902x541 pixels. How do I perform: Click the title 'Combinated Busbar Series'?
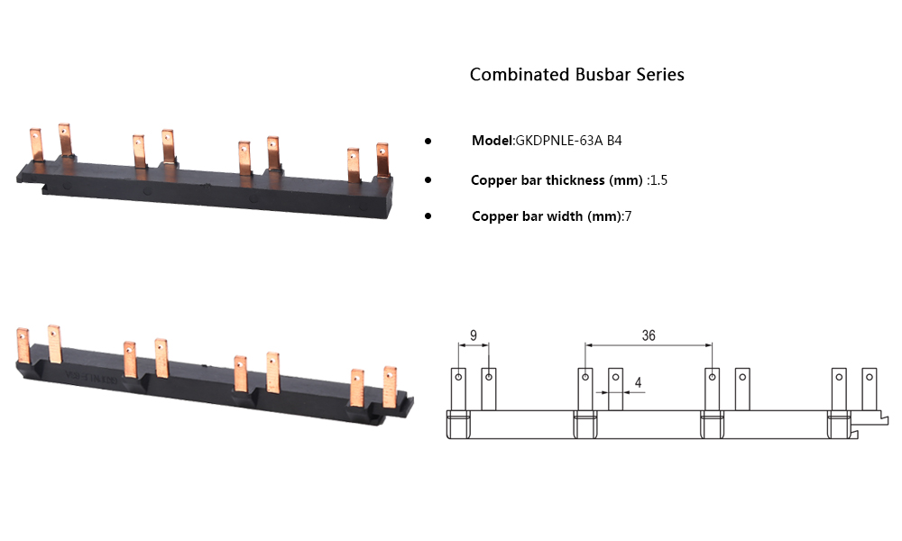576,75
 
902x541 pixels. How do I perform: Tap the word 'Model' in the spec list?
492,141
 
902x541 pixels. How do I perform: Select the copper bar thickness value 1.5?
658,180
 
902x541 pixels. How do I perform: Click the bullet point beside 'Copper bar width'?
428,216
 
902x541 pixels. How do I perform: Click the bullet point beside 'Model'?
428,142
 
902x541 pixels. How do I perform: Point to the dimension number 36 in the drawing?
649,335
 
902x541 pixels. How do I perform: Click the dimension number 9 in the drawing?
474,335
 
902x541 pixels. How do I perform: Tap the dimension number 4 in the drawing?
638,383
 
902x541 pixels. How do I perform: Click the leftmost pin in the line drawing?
458,388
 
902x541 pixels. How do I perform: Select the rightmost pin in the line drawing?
870,388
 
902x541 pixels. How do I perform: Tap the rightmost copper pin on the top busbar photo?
382,161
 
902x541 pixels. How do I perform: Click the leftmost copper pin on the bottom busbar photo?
23,347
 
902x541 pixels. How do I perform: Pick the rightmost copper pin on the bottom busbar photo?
390,385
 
